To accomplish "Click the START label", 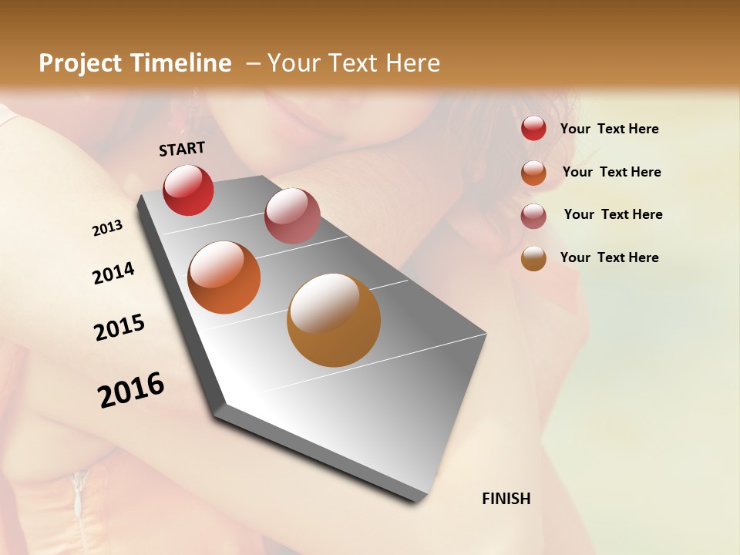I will pos(182,149).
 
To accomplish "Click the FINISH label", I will pos(506,499).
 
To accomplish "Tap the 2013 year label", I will pos(107,228).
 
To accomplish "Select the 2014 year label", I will pos(113,273).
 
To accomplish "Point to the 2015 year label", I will pos(119,328).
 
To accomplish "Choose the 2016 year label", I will pos(131,390).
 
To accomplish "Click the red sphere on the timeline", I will pos(188,190).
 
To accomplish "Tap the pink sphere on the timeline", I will pos(292,216).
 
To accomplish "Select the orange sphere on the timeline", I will pos(224,277).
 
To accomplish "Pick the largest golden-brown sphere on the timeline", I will pos(334,320).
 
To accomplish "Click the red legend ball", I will pos(533,128).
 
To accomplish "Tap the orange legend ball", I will pos(533,172).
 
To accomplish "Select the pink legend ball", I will pos(533,216).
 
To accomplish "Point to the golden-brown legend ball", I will pos(533,258).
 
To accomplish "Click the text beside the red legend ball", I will pos(609,129).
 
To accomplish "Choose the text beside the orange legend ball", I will pos(611,172).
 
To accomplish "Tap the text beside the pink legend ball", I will pos(613,214).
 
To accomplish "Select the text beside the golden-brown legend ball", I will pos(609,257).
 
